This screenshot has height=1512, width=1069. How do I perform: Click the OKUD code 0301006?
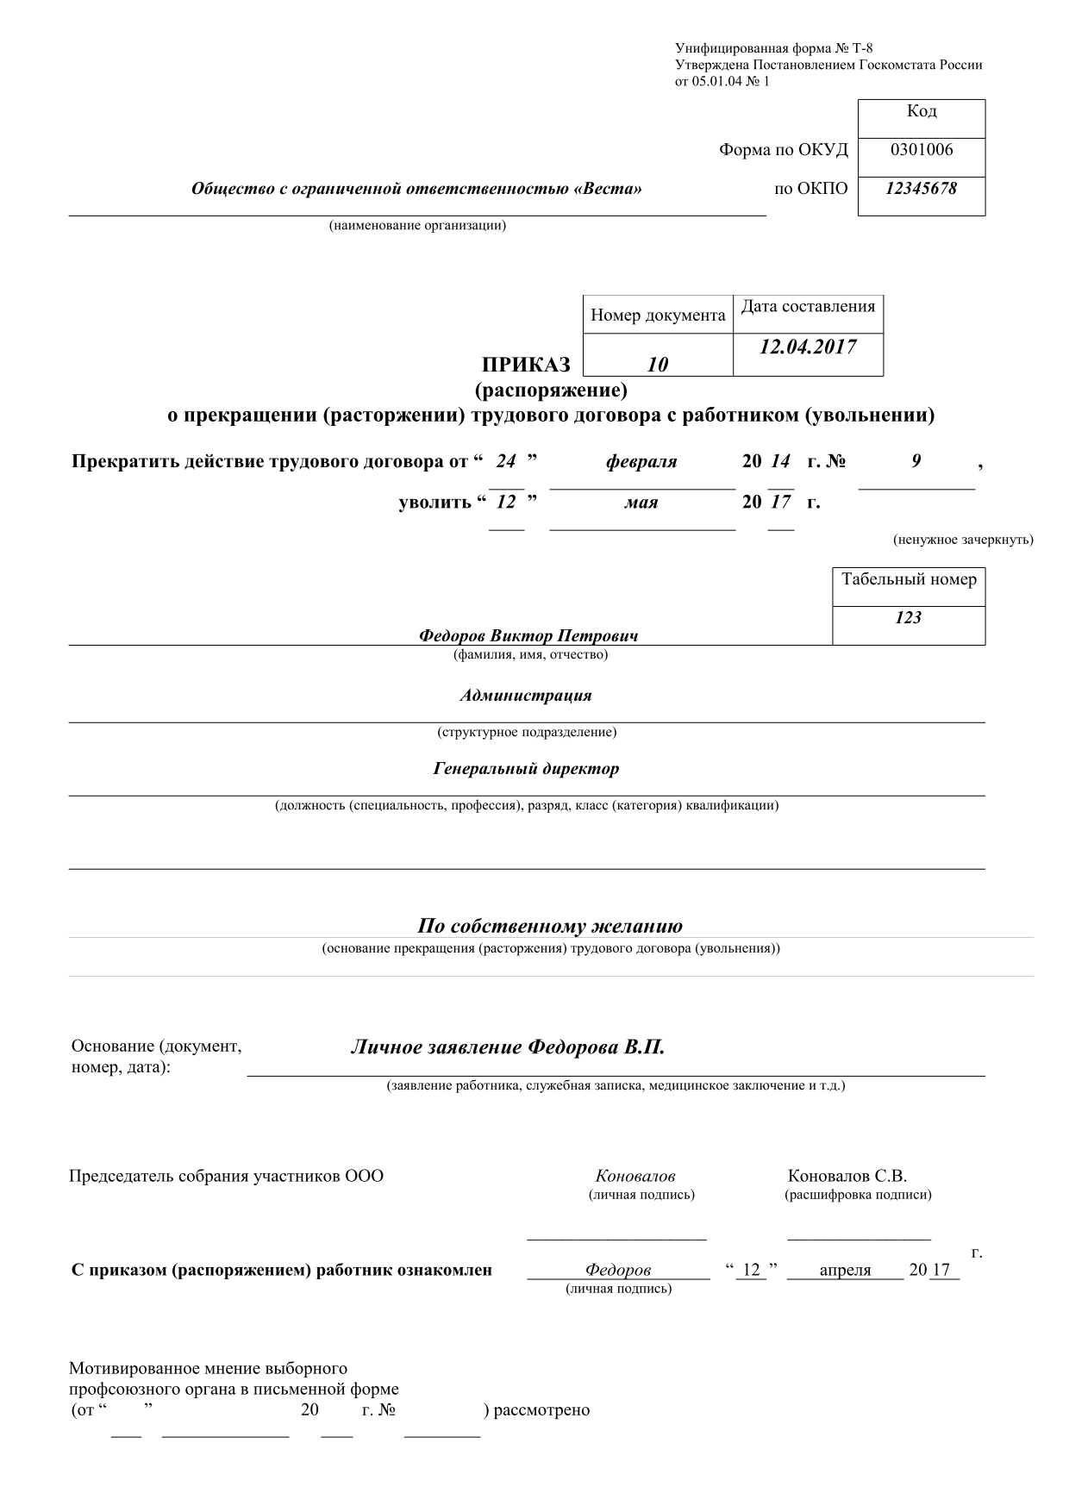coord(922,150)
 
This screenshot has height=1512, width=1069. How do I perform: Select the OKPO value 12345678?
coord(921,188)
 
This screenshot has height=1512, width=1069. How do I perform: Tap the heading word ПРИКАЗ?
coord(526,365)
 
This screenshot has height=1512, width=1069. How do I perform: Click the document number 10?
coord(658,365)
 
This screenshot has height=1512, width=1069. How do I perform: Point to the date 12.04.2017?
coord(808,347)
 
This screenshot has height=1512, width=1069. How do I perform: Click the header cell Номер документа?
coord(658,316)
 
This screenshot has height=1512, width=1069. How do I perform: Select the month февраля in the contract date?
coord(641,462)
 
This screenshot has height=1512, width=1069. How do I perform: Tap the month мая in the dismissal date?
coord(641,502)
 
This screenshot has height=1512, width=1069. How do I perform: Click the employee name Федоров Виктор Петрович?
coord(528,636)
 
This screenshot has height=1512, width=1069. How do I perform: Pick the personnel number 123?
coord(909,617)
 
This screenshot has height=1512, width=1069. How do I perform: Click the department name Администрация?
coord(526,695)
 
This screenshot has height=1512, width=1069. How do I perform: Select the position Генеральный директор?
coord(526,768)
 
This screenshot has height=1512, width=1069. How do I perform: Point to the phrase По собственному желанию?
coord(550,927)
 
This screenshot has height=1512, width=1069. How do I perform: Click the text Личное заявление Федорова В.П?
coord(508,1048)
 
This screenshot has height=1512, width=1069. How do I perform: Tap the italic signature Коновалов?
coord(635,1176)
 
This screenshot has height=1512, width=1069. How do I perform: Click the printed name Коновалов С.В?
coord(847,1176)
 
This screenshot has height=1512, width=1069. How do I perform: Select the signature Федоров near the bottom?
coord(618,1270)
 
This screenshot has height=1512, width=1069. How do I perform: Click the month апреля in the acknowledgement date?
coord(845,1270)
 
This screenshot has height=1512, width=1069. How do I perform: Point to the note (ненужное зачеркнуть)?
coord(963,540)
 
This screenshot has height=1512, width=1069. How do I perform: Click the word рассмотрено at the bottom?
coord(541,1410)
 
